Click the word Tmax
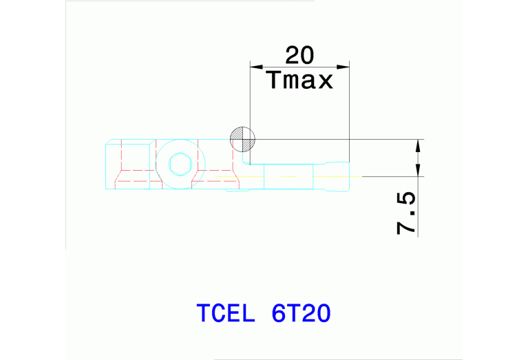point(299,81)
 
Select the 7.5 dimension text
point(407,213)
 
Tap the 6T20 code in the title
point(302,313)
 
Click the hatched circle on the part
point(242,140)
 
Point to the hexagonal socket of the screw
point(180,165)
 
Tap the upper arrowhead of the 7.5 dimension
point(417,145)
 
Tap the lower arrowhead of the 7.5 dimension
point(417,171)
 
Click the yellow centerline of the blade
point(289,177)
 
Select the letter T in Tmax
point(273,81)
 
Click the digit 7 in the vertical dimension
point(407,226)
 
